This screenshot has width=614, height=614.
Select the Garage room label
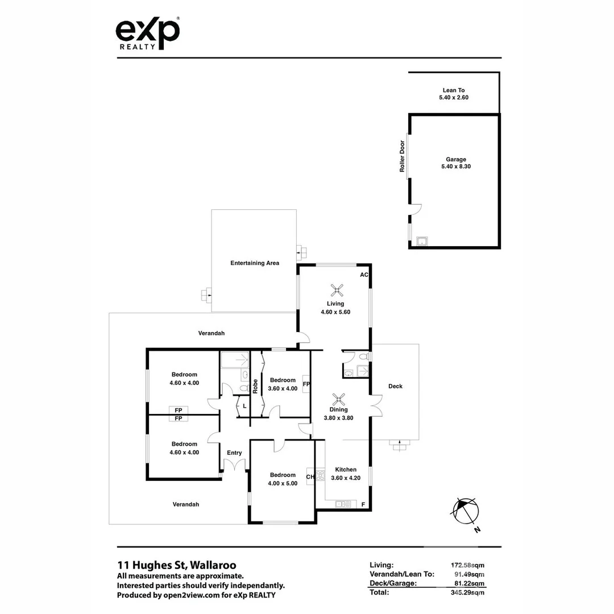pyautogui.click(x=455, y=159)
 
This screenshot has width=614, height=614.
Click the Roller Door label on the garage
pyautogui.click(x=401, y=156)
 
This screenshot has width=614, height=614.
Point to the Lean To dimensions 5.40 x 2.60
pyautogui.click(x=454, y=98)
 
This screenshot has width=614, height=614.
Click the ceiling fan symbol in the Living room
pyautogui.click(x=338, y=290)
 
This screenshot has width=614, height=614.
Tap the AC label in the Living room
pyautogui.click(x=364, y=275)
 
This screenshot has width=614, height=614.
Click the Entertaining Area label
pyautogui.click(x=254, y=263)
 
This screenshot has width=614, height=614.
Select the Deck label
pyautogui.click(x=395, y=386)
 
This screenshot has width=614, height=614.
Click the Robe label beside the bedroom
pyautogui.click(x=256, y=386)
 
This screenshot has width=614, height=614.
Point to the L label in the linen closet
pyautogui.click(x=244, y=406)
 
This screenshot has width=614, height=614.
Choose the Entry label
pyautogui.click(x=234, y=453)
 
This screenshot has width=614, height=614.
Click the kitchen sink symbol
pyautogui.click(x=343, y=504)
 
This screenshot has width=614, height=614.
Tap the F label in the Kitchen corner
pyautogui.click(x=363, y=504)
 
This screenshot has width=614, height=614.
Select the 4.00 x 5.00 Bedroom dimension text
pyautogui.click(x=283, y=483)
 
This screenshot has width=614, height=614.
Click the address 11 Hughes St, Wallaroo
pyautogui.click(x=176, y=565)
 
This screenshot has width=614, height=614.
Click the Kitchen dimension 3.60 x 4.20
pyautogui.click(x=346, y=478)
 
